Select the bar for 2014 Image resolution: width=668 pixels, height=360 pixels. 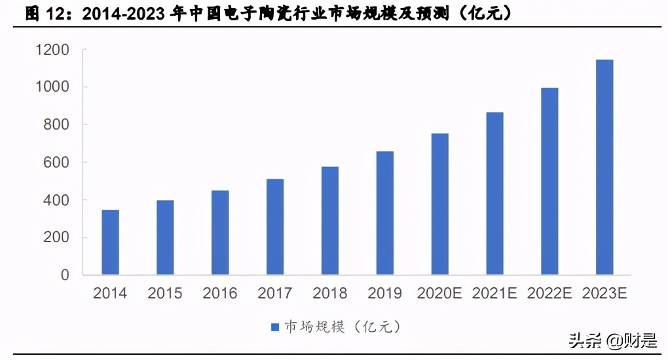tap(110, 242)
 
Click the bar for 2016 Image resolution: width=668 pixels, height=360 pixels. tap(220, 232)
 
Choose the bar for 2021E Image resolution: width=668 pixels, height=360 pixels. tap(494, 193)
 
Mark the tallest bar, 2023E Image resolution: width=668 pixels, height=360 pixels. tap(604, 167)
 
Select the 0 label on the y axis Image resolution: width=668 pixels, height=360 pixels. tap(65, 276)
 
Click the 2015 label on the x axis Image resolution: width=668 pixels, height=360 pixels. tap(165, 293)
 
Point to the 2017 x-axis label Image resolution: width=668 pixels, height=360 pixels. tap(275, 293)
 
